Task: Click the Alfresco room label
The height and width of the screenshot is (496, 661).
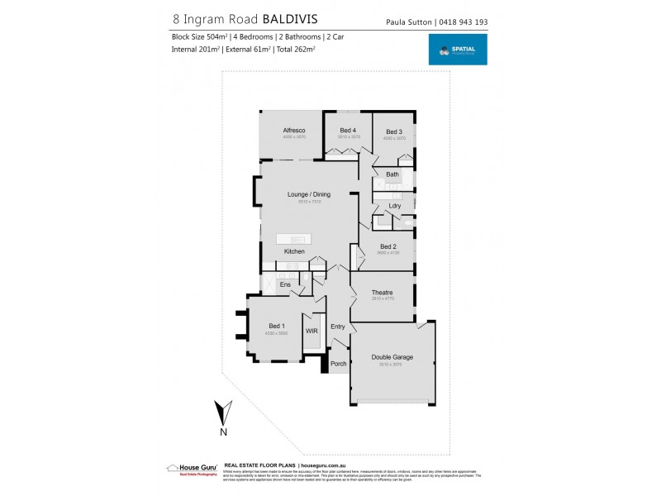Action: click(294, 131)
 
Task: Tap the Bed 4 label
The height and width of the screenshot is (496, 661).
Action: click(348, 131)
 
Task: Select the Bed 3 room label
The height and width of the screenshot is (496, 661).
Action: click(393, 131)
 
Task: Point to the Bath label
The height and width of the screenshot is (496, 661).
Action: click(392, 174)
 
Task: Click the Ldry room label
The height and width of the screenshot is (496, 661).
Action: click(395, 206)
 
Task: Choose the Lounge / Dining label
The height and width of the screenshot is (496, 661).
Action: click(308, 194)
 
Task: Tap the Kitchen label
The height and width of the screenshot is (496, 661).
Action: click(294, 251)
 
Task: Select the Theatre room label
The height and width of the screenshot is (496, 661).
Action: click(382, 293)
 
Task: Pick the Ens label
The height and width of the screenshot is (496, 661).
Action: click(284, 285)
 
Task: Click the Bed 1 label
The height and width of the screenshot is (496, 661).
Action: click(277, 326)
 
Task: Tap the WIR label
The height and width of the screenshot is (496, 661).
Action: click(311, 331)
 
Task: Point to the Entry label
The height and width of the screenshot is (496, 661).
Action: click(338, 327)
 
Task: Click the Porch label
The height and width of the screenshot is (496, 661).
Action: click(338, 364)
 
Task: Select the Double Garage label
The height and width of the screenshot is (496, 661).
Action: click(393, 357)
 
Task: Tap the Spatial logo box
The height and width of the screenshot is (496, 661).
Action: click(457, 50)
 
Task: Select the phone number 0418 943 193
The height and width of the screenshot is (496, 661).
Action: click(463, 21)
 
